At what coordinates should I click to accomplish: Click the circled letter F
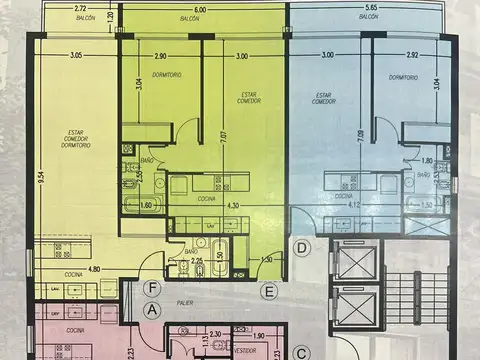[x=151, y=289]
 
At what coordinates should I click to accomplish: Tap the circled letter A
[x=152, y=309]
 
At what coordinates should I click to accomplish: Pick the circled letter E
[x=267, y=291]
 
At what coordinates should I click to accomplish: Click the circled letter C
[x=301, y=352]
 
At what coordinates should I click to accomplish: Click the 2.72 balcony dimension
[x=79, y=10]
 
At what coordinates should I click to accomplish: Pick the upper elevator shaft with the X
[x=356, y=263]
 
